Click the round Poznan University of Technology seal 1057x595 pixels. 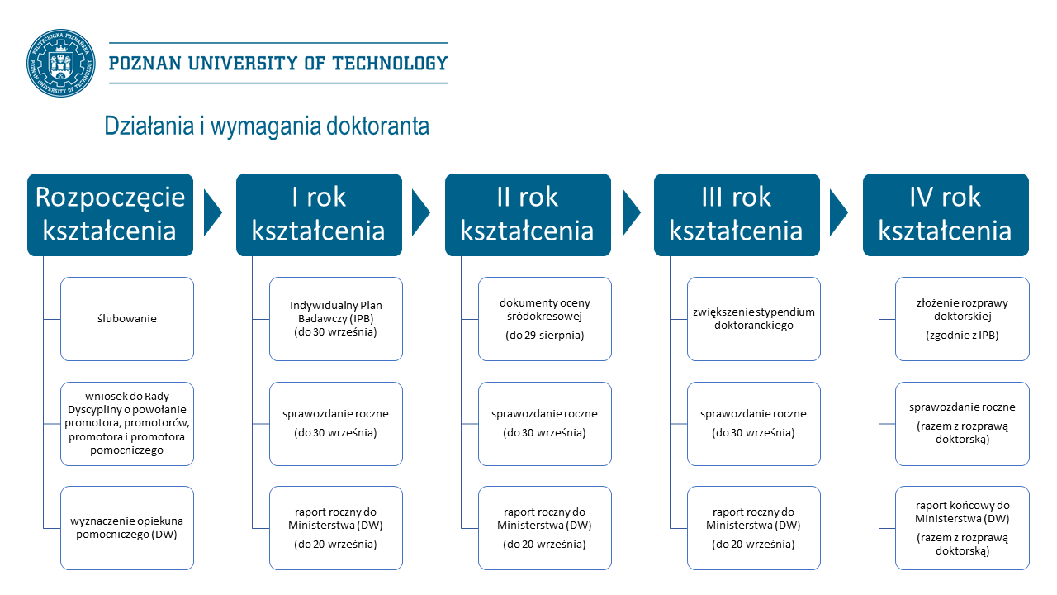[61, 64]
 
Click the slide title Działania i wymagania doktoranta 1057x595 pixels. [267, 126]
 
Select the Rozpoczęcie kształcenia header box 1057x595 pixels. [111, 215]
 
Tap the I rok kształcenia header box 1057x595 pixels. [319, 215]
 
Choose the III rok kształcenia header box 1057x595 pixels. [737, 215]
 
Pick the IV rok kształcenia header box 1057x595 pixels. [946, 215]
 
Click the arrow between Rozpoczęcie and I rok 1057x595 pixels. [213, 212]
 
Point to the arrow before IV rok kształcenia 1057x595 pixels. [839, 212]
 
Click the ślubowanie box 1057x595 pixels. [127, 319]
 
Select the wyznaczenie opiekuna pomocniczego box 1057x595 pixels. [127, 528]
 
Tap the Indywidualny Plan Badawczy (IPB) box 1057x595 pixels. [336, 319]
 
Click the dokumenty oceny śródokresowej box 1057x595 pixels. [545, 319]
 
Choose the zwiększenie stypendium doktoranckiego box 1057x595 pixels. [754, 319]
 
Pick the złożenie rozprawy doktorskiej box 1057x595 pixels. [962, 319]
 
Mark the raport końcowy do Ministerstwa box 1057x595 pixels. [962, 528]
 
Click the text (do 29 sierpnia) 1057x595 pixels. [544, 336]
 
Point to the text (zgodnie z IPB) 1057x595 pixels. [962, 336]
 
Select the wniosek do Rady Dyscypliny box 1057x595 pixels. [127, 424]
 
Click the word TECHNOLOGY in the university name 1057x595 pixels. [390, 64]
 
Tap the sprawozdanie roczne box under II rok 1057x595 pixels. [545, 424]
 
